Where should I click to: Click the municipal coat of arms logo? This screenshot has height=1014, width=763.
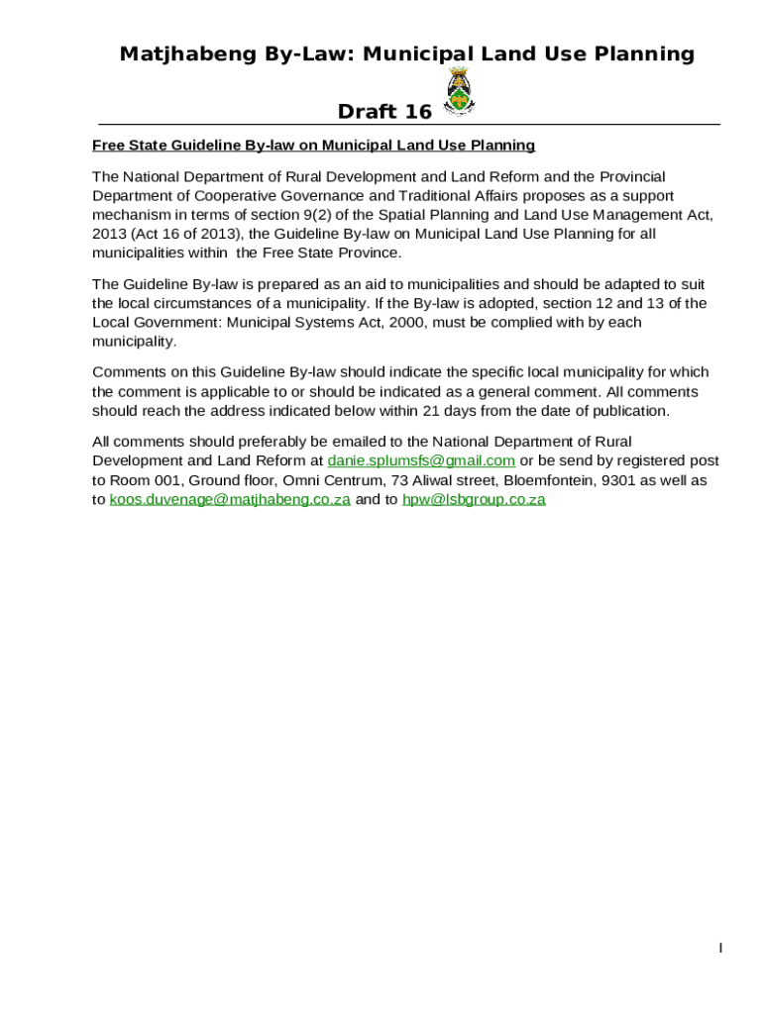458,92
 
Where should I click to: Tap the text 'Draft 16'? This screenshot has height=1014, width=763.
384,111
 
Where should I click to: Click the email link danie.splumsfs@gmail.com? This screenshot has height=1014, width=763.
421,460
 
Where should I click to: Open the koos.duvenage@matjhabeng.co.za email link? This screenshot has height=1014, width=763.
230,499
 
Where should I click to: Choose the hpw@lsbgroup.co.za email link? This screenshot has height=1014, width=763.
474,499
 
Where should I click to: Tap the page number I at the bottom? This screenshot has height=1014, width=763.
720,949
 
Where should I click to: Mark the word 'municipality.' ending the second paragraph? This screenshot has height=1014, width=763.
134,342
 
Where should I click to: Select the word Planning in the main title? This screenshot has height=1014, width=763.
647,53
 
